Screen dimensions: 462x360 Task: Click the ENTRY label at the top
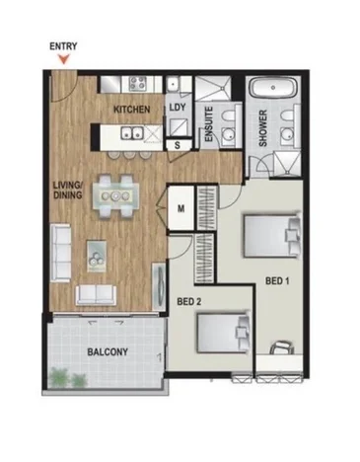click(x=62, y=45)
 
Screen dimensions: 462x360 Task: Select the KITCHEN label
click(x=132, y=108)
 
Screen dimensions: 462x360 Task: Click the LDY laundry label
click(x=178, y=107)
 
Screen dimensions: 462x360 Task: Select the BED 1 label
click(x=279, y=281)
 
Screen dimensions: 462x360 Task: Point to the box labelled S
click(x=177, y=146)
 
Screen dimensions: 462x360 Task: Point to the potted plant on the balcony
click(x=63, y=376)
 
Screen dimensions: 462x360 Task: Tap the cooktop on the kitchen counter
click(x=133, y=85)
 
